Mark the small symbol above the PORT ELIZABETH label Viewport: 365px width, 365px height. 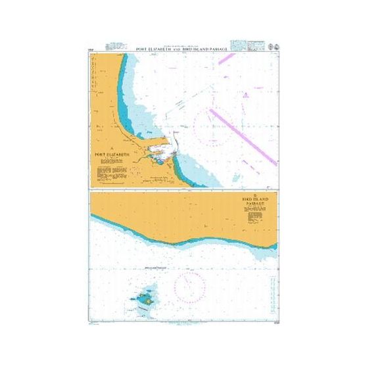point(112,146)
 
